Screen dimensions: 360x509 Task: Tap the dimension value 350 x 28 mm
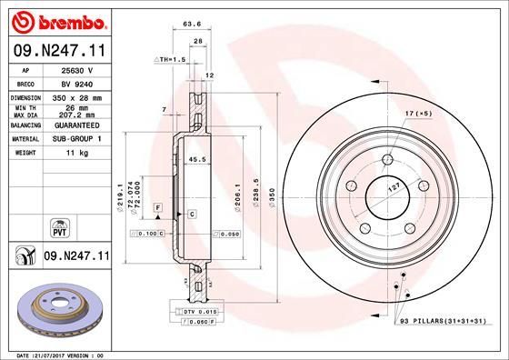tap(76, 96)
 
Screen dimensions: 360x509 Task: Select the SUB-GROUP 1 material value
tap(76, 140)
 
